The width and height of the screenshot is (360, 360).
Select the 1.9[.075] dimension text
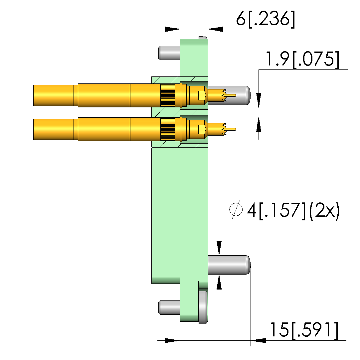(x=302, y=60)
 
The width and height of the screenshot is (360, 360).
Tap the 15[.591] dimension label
(x=304, y=331)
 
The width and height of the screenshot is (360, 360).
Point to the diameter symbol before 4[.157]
(x=236, y=209)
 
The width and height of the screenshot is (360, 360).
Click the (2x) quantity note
(x=324, y=210)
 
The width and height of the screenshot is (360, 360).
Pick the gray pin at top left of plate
(x=169, y=53)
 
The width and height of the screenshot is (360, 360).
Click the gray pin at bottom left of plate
(x=169, y=307)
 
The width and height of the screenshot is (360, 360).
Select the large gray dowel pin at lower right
(x=229, y=265)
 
